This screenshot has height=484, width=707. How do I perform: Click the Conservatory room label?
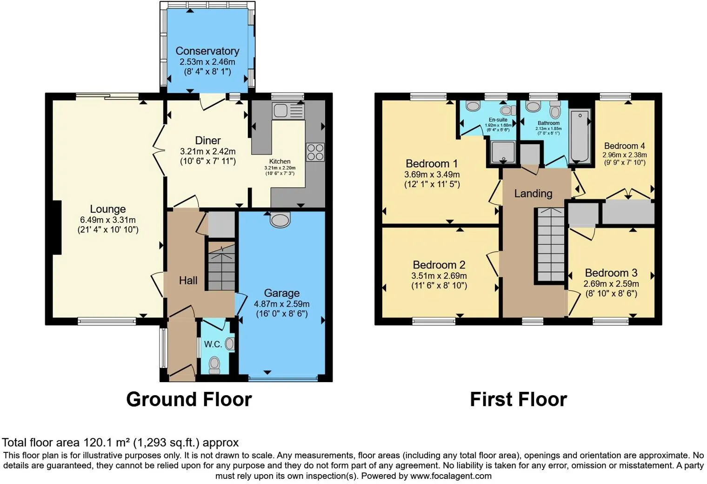pyautogui.click(x=207, y=51)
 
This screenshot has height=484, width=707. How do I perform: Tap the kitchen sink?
pyautogui.click(x=288, y=111)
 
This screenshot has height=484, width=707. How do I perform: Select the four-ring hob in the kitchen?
pyautogui.click(x=315, y=152)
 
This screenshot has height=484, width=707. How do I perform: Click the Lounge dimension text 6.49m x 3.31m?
pyautogui.click(x=108, y=220)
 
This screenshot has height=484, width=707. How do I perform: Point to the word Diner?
pyautogui.click(x=208, y=140)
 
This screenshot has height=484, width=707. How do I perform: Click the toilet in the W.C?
pyautogui.click(x=214, y=364)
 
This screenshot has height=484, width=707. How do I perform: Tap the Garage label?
pyautogui.click(x=281, y=293)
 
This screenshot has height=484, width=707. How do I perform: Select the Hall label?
pyautogui.click(x=188, y=280)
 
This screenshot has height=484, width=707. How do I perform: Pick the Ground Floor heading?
pyautogui.click(x=189, y=399)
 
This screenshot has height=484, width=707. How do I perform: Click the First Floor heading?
pyautogui.click(x=518, y=399)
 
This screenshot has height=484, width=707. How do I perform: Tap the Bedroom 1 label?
pyautogui.click(x=432, y=163)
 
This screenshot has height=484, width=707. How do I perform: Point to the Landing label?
pyautogui.click(x=533, y=193)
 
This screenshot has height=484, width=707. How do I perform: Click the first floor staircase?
pyautogui.click(x=551, y=245)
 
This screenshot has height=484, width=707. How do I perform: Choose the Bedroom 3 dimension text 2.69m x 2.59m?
pyautogui.click(x=611, y=283)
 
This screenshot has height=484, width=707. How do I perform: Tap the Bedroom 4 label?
pyautogui.click(x=624, y=146)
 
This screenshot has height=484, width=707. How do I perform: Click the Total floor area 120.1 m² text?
pyautogui.click(x=120, y=442)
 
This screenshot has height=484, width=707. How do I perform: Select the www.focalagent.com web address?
pyautogui.click(x=451, y=476)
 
